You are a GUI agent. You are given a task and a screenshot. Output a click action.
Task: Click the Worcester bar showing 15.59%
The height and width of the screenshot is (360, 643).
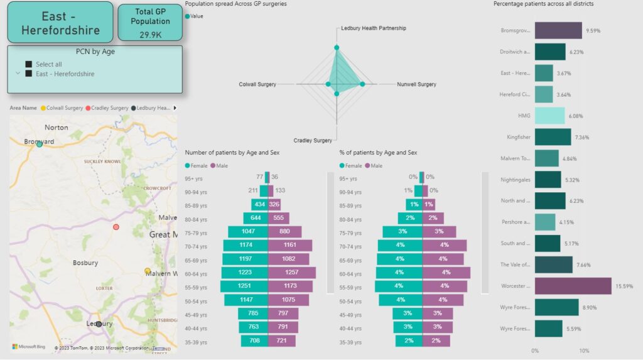click(573, 286)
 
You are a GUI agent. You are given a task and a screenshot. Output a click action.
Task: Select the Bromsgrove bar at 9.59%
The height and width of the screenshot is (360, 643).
click(558, 30)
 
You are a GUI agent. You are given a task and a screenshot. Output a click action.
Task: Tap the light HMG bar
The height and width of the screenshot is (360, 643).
click(549, 116)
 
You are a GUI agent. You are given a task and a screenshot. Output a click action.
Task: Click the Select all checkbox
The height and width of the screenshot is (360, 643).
click(28, 64)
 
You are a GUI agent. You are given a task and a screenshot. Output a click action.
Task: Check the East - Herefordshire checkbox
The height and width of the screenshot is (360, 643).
click(28, 74)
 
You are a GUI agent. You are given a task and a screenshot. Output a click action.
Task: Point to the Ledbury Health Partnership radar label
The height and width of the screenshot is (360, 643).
click(374, 28)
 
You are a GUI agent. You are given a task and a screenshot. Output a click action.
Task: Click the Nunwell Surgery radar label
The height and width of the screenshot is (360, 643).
click(416, 84)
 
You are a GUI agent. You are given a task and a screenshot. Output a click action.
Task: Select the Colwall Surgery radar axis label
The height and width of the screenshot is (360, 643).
click(257, 84)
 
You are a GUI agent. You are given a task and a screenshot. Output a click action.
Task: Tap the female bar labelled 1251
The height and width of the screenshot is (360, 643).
click(244, 286)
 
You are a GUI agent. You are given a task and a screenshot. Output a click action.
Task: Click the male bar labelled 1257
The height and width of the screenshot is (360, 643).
click(292, 273)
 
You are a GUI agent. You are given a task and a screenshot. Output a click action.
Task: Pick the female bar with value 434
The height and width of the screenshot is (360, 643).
click(259, 205)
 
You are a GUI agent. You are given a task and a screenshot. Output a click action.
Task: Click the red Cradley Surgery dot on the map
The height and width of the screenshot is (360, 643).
click(116, 227)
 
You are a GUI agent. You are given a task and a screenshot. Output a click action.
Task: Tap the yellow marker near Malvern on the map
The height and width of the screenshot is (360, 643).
click(148, 271)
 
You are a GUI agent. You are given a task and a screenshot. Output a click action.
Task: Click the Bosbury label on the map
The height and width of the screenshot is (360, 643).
click(85, 263)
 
